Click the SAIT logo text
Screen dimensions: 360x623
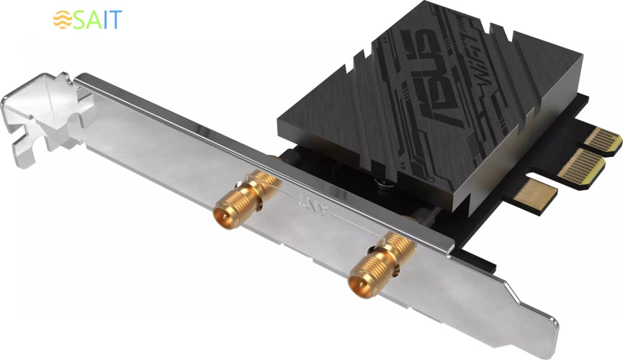(x=98, y=19)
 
